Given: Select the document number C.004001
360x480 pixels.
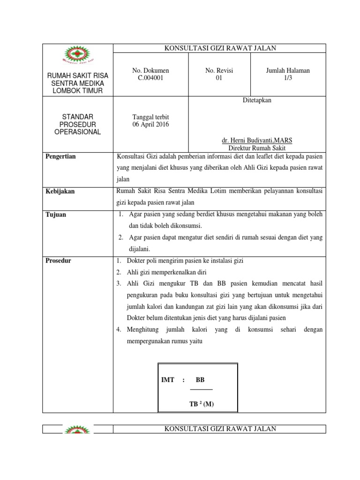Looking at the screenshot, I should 150,78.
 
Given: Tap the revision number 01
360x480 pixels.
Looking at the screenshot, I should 219,78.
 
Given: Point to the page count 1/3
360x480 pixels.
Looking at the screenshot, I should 288,78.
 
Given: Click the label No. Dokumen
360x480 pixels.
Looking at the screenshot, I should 150,70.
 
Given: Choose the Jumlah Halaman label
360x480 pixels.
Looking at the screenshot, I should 288,70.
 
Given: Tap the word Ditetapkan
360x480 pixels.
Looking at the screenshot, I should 256,100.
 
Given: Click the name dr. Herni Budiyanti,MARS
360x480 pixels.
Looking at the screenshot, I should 256,140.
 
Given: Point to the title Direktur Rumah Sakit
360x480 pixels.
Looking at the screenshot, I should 256,147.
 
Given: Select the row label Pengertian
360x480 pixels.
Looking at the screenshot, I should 60,157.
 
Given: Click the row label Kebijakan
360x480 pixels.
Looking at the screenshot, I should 60,191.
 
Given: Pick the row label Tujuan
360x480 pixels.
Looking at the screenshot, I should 56,214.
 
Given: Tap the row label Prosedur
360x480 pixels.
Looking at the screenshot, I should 59,260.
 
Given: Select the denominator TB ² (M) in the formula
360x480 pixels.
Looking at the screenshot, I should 202,404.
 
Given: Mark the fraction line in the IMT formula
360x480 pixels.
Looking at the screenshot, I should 201,389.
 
